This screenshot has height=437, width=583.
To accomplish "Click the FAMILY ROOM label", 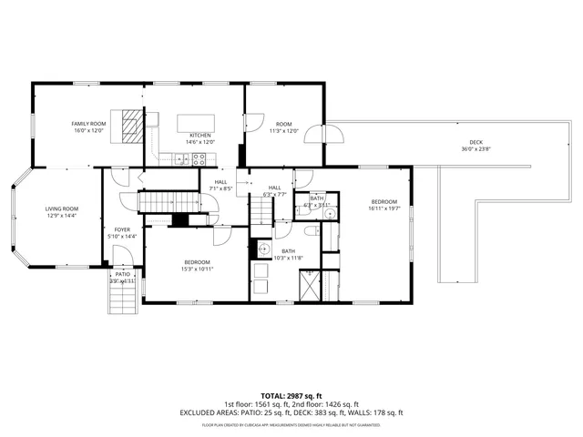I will click(89, 124).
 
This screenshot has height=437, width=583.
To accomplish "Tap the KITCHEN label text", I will click(199, 136).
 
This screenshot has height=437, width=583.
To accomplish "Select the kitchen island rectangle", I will click(195, 123).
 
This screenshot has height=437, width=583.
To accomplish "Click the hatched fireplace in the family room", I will click(134, 122).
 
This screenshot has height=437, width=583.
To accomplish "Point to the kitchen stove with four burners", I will click(198, 158).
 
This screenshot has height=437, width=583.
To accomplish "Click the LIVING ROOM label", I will click(62, 209).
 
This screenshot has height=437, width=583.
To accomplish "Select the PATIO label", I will click(123, 274).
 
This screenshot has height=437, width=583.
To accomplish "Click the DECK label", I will click(476, 142).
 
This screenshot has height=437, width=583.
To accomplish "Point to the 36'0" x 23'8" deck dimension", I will click(476, 149).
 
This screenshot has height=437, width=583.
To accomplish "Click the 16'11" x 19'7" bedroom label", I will click(384, 204).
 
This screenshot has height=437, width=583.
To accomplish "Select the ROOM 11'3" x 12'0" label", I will click(284, 127).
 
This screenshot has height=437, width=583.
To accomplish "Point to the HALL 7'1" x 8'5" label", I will click(220, 185).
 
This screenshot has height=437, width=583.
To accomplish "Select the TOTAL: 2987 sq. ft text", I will click(291, 396).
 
